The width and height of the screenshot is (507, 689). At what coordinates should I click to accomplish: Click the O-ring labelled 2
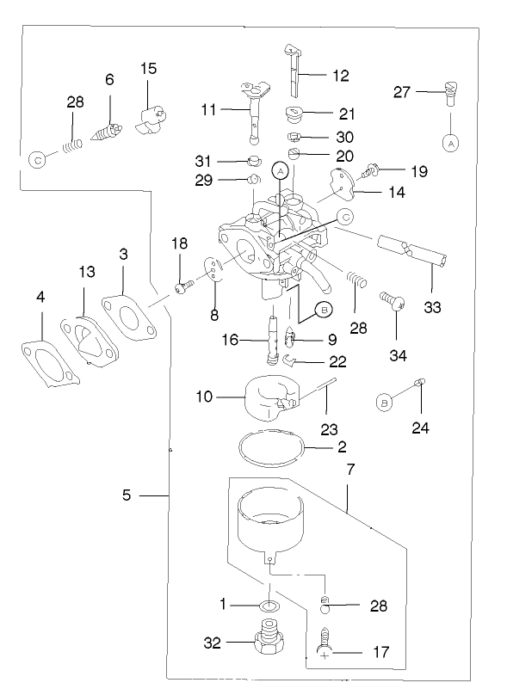[x=273, y=448]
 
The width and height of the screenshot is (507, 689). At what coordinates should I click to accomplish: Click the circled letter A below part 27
[x=450, y=144]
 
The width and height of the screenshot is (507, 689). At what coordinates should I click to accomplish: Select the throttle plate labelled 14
[x=344, y=180]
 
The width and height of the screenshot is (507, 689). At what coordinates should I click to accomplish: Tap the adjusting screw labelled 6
[x=107, y=134]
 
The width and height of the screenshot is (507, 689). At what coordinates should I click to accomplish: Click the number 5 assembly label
[x=127, y=495]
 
